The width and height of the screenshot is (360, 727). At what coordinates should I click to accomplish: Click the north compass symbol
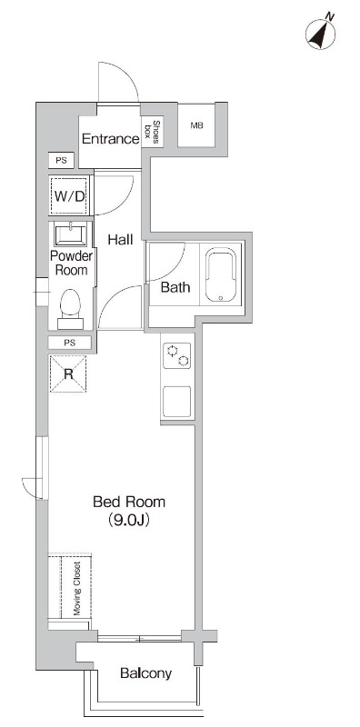click(321, 33)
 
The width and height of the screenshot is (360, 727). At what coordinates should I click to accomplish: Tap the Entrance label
click(110, 139)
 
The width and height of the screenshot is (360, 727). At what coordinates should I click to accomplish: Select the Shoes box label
click(153, 132)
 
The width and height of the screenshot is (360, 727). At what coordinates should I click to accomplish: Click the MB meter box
click(196, 125)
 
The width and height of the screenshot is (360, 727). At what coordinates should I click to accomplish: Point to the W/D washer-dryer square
click(69, 196)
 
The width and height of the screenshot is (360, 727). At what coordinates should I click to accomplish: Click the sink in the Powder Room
click(71, 234)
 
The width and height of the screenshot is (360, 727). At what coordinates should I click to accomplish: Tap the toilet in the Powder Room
click(71, 309)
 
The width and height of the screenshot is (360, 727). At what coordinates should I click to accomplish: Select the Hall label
click(120, 240)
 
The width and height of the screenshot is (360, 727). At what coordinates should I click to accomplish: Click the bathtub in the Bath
click(221, 274)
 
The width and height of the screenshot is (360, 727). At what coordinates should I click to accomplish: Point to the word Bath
click(175, 287)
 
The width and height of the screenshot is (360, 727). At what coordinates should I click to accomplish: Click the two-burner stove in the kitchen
click(176, 355)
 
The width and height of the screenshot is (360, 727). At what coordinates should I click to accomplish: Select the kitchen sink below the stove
click(176, 402)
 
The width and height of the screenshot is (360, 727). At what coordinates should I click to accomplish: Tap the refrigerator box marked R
click(68, 373)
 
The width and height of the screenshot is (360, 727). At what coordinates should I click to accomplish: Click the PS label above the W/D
click(61, 161)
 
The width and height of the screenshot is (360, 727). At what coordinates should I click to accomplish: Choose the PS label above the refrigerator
click(70, 344)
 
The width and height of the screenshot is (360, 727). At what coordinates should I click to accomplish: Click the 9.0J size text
click(129, 520)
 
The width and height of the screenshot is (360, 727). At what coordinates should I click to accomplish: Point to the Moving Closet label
click(77, 589)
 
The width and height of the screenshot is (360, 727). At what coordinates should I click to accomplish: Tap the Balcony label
click(145, 672)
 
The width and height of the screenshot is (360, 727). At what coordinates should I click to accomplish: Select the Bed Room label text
click(129, 502)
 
